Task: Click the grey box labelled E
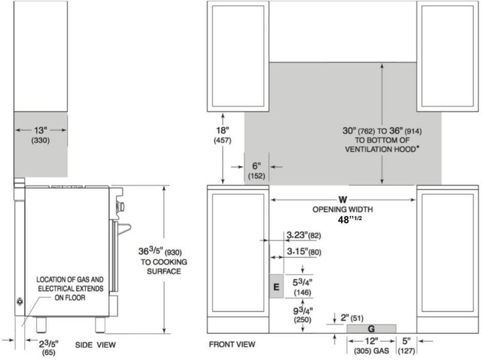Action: coord(276,286)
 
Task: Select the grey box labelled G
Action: coord(372,329)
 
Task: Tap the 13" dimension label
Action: coord(41,131)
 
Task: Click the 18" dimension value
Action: coord(223,131)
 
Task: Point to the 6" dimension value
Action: coord(256,166)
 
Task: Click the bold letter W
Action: coord(343,200)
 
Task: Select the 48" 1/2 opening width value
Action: coord(350,220)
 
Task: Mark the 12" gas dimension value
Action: coord(371,341)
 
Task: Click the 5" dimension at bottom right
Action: coord(406,341)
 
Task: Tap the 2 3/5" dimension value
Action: coord(49,344)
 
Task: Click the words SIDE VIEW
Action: coord(95,345)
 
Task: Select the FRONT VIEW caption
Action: coord(232,344)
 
